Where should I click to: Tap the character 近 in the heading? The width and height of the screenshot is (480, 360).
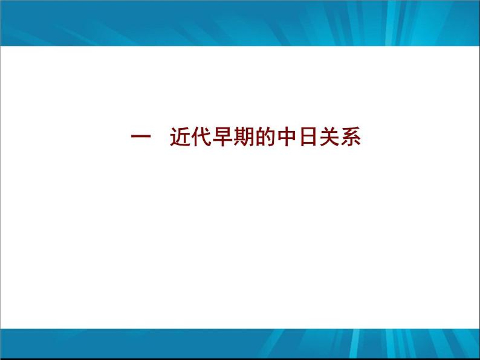click(x=180, y=138)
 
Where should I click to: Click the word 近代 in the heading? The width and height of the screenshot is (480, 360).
click(x=191, y=138)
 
